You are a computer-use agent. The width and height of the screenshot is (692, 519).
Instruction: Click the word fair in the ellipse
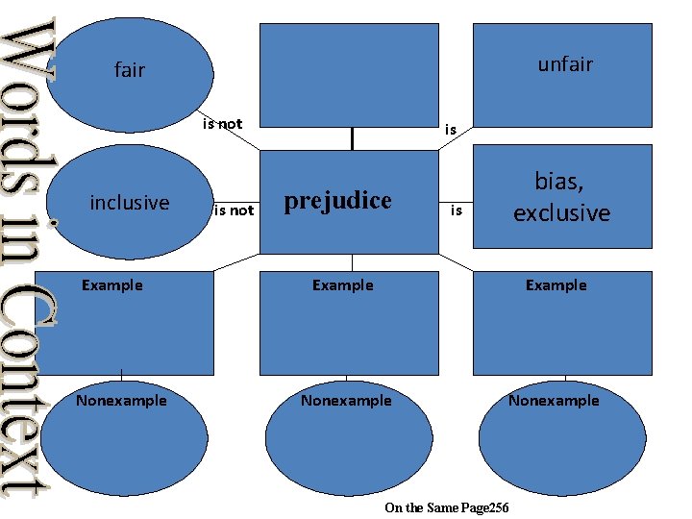129,70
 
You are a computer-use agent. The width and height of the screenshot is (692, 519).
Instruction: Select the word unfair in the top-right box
565,64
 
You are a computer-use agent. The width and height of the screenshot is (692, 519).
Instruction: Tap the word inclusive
129,202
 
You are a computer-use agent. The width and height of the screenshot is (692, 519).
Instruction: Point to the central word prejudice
337,201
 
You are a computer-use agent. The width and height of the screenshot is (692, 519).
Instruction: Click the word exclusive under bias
561,212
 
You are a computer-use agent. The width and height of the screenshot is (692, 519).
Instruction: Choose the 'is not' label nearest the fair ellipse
222,124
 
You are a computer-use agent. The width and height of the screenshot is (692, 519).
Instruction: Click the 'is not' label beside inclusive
234,210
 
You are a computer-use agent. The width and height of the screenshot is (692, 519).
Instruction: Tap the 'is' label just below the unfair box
450,129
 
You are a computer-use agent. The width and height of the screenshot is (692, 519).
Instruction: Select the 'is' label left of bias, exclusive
457,210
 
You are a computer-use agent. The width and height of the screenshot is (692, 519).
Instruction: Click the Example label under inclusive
112,285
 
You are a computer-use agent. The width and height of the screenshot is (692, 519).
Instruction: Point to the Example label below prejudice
343,285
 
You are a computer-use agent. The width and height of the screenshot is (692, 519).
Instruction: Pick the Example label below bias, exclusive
556,285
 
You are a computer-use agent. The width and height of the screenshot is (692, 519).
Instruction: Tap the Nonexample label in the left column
121,401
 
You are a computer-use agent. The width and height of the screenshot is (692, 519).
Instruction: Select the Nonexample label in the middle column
346,401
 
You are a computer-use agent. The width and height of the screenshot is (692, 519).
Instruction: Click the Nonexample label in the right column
554,401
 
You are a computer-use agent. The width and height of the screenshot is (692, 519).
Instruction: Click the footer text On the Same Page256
446,507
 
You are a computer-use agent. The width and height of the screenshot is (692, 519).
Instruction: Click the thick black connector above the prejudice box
353,140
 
